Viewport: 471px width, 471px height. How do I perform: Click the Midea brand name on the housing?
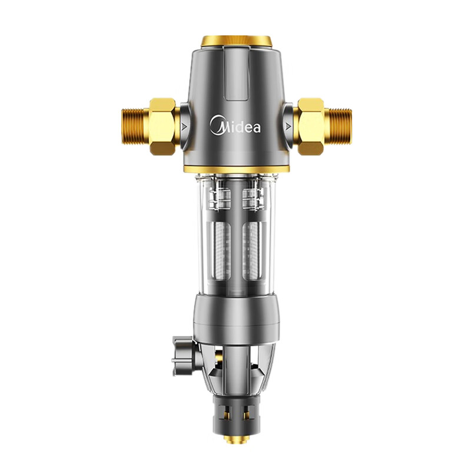pyautogui.click(x=235, y=125)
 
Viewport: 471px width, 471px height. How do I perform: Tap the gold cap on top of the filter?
pyautogui.click(x=237, y=41)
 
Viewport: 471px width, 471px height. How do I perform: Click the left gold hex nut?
pyautogui.click(x=162, y=126)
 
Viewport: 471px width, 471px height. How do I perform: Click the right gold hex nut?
pyautogui.click(x=311, y=126)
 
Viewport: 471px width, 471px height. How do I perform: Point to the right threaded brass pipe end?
pyautogui.click(x=338, y=126)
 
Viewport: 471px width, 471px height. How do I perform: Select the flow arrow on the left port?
pyautogui.click(x=184, y=127)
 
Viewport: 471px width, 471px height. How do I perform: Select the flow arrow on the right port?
pyautogui.click(x=288, y=127)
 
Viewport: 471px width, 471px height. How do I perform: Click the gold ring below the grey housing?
pyautogui.click(x=237, y=169)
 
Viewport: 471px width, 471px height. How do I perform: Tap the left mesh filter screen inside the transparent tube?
pyautogui.click(x=223, y=251)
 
